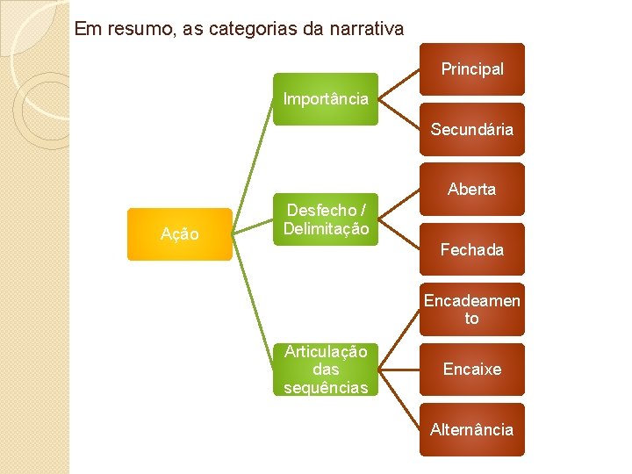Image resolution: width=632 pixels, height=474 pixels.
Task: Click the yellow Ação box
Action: point(179,234)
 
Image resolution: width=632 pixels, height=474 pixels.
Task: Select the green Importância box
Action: point(326,99)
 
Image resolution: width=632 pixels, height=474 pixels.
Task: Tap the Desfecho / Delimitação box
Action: point(326,219)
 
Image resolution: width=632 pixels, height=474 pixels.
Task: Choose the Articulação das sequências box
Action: point(326,370)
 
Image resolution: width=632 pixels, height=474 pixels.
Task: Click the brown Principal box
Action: point(472,69)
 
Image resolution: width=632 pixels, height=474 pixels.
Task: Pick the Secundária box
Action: point(472,129)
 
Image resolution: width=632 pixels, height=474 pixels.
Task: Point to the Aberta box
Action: point(472,189)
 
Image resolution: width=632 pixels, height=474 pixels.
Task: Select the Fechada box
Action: point(472,249)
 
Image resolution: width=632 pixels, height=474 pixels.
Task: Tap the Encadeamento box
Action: point(472,309)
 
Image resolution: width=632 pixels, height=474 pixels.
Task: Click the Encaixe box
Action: point(472,370)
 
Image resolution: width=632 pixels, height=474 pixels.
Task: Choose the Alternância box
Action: point(472,429)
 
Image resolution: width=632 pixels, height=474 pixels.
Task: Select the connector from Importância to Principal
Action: point(399,84)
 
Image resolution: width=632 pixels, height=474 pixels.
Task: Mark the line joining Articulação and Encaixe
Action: point(399,370)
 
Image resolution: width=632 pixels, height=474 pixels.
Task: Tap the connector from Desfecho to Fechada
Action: point(399,234)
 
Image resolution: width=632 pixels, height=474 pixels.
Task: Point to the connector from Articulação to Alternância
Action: point(399,399)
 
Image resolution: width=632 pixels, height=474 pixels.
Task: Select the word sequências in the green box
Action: point(326,387)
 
